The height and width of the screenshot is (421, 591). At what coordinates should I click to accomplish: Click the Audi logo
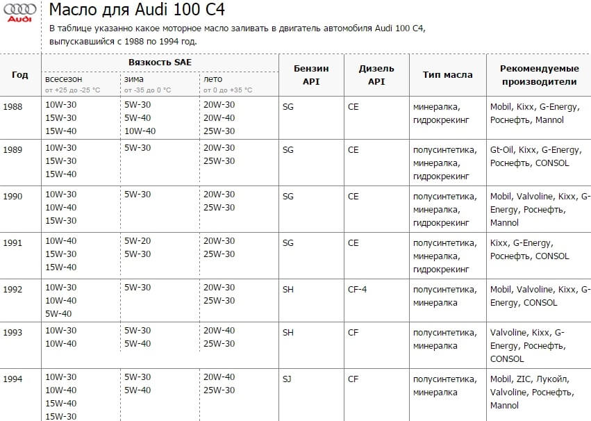(x=19, y=13)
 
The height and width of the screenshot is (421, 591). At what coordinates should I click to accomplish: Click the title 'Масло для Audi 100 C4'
(x=137, y=10)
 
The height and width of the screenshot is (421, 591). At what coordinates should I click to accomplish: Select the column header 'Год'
(x=20, y=75)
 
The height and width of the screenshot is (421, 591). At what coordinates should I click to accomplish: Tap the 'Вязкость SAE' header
(x=160, y=62)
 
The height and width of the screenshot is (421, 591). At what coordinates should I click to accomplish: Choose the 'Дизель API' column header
(x=376, y=75)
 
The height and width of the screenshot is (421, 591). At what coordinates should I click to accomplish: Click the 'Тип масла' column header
(x=447, y=75)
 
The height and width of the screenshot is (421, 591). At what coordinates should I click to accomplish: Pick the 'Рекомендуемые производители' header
(x=540, y=75)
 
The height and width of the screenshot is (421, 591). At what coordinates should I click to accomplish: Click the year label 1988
(x=13, y=107)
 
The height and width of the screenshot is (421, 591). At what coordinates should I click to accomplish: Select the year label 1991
(x=13, y=243)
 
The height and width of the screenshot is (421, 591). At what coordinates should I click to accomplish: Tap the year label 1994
(x=13, y=379)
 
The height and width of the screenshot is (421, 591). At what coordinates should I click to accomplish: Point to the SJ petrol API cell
(x=288, y=379)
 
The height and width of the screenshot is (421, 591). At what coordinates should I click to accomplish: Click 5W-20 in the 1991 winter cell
(x=138, y=241)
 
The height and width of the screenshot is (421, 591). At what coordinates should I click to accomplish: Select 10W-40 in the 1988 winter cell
(x=140, y=131)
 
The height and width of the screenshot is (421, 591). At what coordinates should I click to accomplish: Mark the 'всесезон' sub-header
(x=64, y=79)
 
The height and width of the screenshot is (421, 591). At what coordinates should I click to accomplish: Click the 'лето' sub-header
(x=213, y=79)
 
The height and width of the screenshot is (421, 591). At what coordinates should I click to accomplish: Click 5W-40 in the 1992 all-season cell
(x=58, y=313)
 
